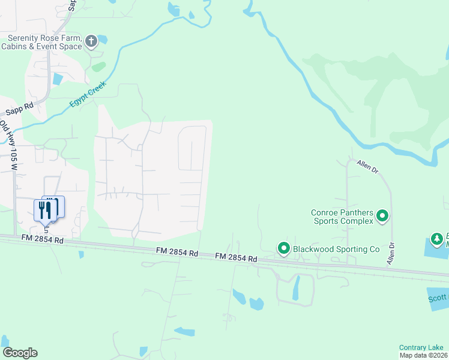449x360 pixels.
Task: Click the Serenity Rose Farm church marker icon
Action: pos(91,41)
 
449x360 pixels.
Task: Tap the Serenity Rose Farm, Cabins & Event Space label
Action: pos(44,42)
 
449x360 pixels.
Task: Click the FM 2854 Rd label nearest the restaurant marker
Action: pos(41,239)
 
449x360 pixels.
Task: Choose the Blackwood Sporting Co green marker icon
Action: pos(283,248)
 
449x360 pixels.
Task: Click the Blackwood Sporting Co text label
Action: pos(336,248)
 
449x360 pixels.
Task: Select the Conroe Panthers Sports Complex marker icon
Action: pos(382,217)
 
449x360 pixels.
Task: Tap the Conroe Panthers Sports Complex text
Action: pos(342,217)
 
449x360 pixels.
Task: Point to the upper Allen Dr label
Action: pos(367,166)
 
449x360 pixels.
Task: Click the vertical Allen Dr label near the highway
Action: pos(391,253)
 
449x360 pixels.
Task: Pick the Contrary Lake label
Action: pos(421,347)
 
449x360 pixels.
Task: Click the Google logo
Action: pos(20,353)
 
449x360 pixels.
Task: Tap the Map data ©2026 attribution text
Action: pos(423,355)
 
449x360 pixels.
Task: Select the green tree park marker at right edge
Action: pos(437,239)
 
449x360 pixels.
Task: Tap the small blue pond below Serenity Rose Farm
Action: pos(58,79)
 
